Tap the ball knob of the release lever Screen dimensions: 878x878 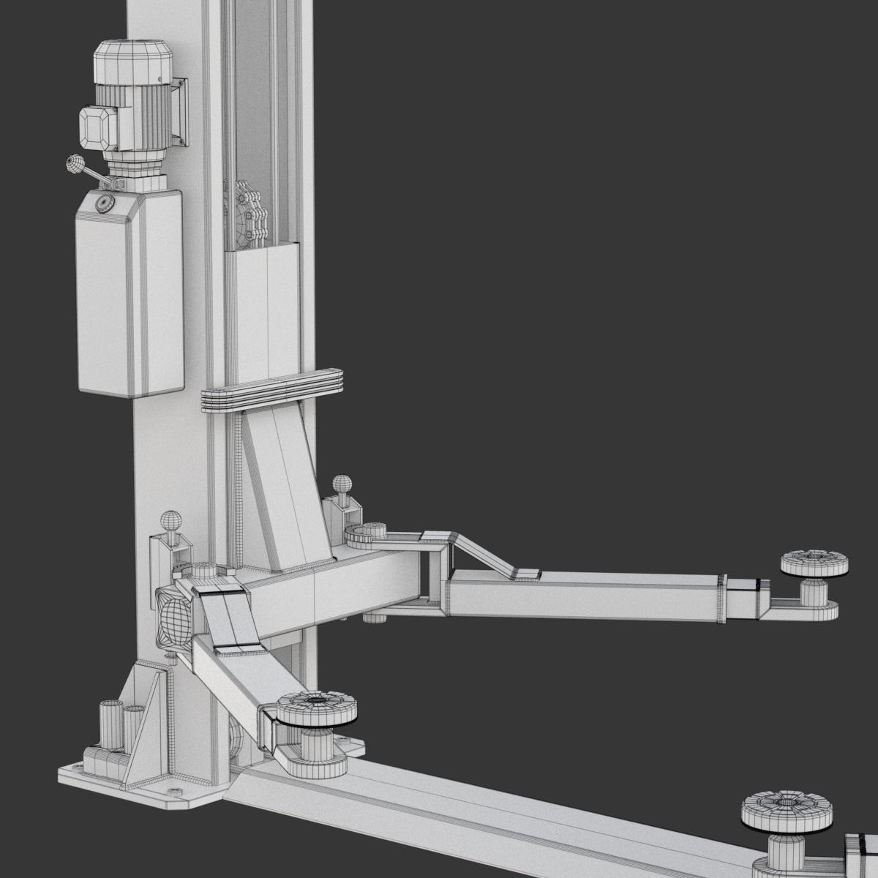74,165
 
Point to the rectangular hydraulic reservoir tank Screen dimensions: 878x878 130,300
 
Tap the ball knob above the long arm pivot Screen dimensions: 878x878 342,484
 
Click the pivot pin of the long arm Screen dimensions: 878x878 373,533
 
